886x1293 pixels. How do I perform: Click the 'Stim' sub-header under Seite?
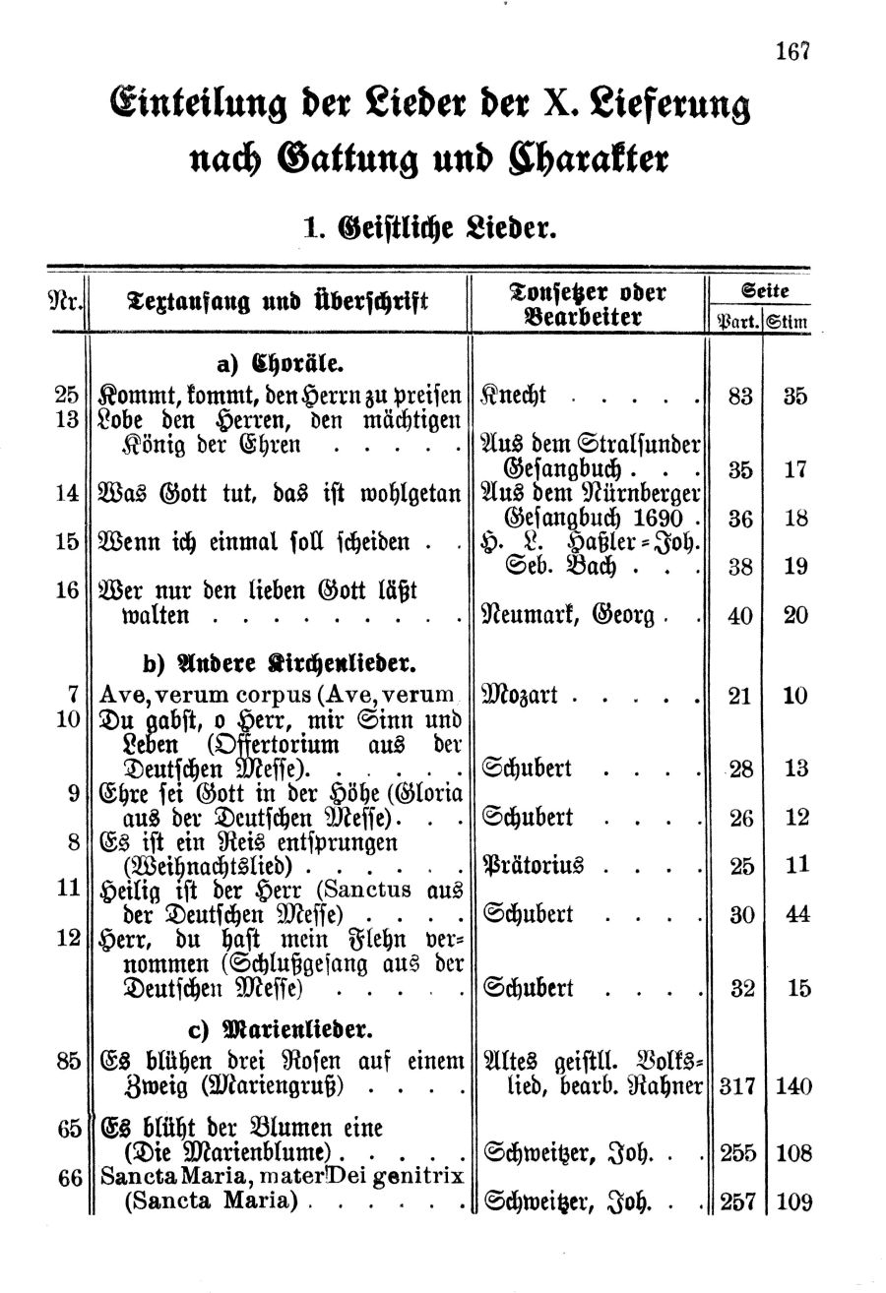click(x=789, y=320)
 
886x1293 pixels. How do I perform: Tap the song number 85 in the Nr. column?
click(x=68, y=1061)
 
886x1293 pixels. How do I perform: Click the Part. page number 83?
click(x=739, y=397)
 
